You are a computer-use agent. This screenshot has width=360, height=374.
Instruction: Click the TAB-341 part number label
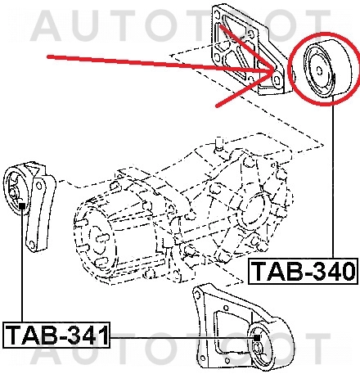[56, 335]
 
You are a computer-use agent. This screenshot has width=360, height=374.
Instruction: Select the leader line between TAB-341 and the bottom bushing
[180, 336]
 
